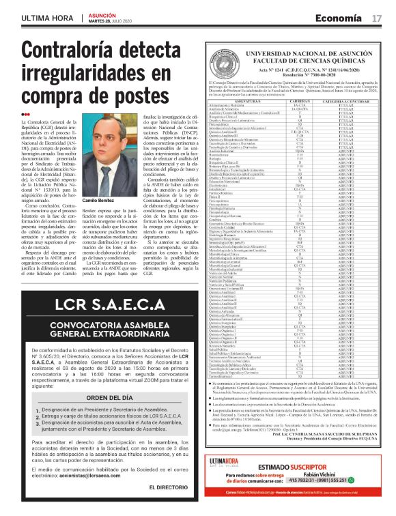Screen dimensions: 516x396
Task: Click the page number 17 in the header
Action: click(377, 17)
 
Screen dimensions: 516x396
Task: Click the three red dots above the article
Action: click(25, 114)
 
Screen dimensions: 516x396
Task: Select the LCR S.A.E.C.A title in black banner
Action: click(100, 302)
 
